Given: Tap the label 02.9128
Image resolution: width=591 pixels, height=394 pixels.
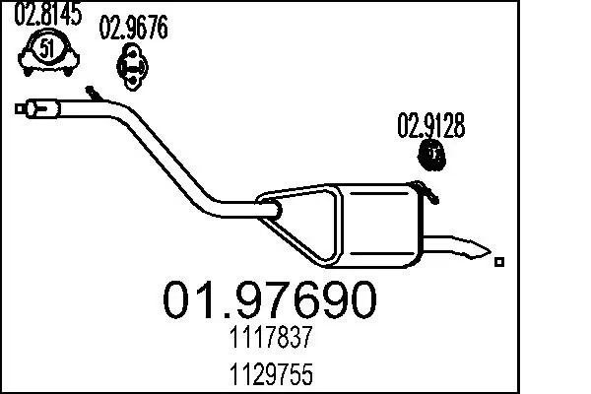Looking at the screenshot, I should pos(430,126).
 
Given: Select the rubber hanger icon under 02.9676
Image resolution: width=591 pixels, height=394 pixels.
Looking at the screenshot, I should pos(132,65).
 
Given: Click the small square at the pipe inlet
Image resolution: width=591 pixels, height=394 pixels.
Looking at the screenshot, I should pos(21,108).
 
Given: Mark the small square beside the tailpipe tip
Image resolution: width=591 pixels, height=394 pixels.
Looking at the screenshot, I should pos(500,262).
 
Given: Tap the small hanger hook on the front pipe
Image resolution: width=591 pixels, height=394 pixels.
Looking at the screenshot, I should pos(95,94).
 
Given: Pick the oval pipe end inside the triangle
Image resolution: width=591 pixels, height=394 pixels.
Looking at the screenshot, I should pos(269,208).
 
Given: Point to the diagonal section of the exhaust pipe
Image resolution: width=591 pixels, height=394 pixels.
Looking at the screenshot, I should pos(172,158).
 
